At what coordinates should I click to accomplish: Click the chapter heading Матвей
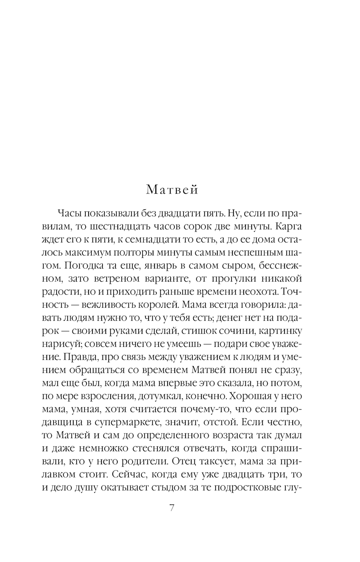pyautogui.click(x=172, y=189)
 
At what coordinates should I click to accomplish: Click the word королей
pyautogui.click(x=158, y=304)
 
